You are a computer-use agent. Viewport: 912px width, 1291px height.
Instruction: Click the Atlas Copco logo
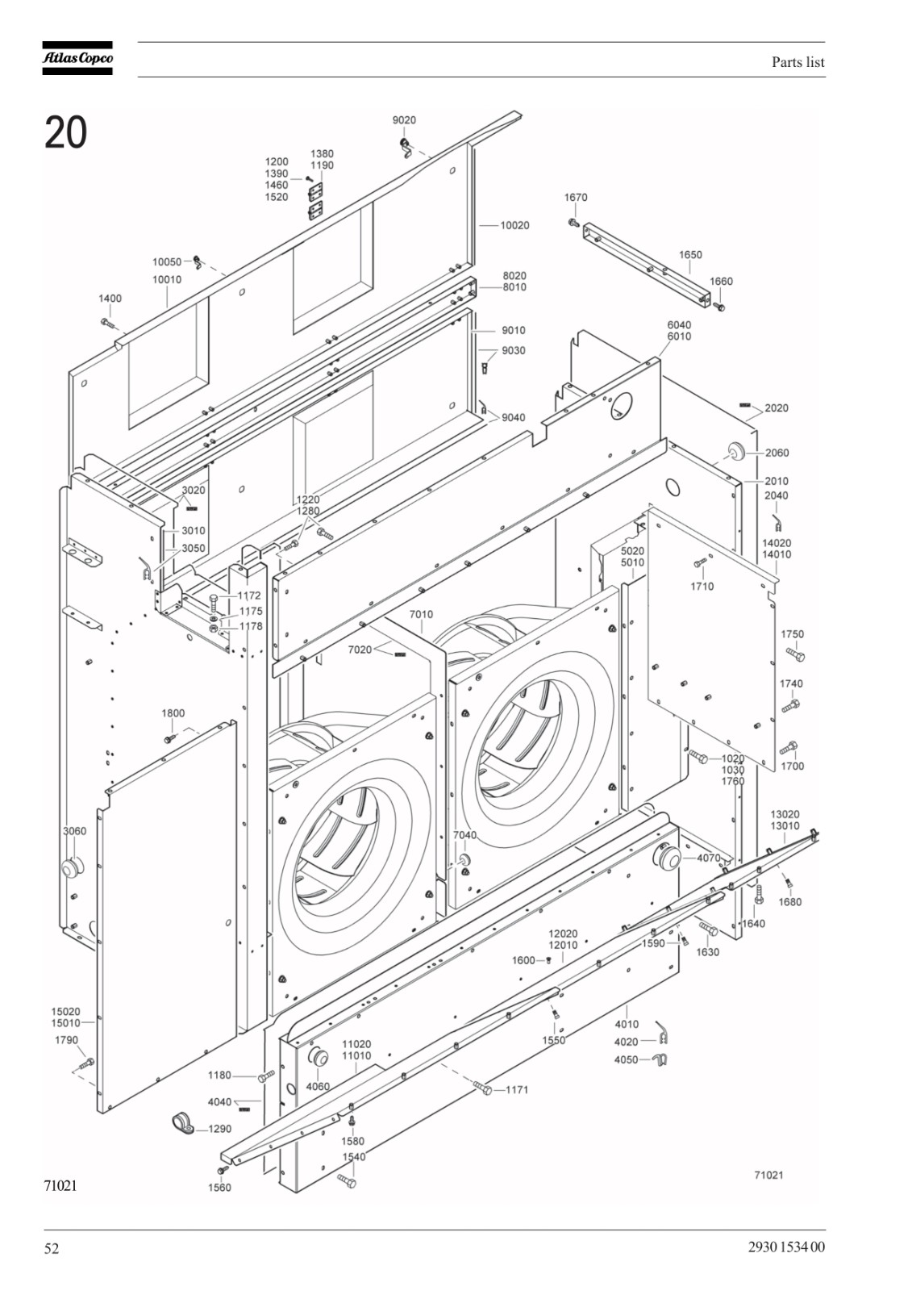coord(77,58)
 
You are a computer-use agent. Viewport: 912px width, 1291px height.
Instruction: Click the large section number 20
coord(65,132)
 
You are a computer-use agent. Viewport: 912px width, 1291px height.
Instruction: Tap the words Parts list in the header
coord(798,61)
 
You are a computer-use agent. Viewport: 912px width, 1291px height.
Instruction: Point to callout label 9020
coord(404,120)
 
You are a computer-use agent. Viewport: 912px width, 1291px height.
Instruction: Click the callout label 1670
coord(576,197)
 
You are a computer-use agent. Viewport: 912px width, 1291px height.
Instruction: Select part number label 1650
coord(690,254)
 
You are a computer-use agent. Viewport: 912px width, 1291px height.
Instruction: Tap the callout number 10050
coord(166,261)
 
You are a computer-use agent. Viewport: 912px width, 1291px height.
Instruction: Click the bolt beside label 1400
coord(108,323)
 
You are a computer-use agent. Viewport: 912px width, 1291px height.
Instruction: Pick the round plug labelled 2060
coord(735,452)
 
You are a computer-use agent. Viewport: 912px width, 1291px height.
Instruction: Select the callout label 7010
coord(421,614)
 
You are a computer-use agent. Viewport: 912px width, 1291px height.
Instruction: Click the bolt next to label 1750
coord(796,654)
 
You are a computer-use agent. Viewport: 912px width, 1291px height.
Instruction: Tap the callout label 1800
coord(173,713)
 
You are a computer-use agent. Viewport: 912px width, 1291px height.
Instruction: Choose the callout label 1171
coord(517,1089)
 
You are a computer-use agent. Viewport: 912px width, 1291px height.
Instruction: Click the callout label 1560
coord(219,1187)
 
